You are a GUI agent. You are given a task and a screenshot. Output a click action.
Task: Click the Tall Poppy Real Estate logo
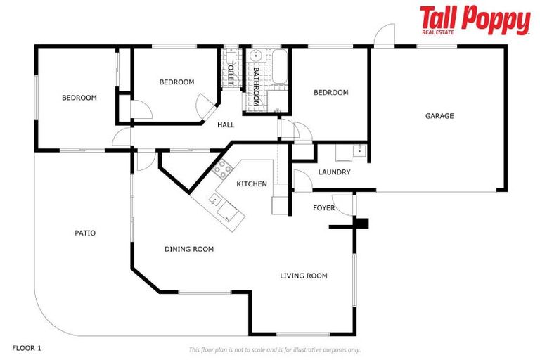coord(475,20)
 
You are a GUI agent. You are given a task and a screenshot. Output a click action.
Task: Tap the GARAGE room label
coord(439,116)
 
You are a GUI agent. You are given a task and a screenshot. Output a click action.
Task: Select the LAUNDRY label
coord(334,172)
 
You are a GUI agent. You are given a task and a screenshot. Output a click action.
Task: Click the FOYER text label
coord(324,208)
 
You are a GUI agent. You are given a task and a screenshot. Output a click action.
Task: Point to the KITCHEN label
coord(251,184)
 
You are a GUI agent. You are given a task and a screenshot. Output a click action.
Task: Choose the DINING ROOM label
coord(189,249)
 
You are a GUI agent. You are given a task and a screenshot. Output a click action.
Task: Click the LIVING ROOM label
coord(304,276)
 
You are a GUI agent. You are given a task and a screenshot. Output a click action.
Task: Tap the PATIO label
coord(85,233)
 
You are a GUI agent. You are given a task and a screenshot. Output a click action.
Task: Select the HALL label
coord(226,125)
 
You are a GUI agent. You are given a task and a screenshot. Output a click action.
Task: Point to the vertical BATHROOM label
coord(257,87)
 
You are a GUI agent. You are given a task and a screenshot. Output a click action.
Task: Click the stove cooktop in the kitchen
coord(223,168)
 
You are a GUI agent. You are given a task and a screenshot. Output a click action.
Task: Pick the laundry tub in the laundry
coord(358,150)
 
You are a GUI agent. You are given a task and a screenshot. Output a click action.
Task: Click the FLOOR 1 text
coord(27,348)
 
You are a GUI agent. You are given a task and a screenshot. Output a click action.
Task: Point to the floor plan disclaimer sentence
coord(274,349)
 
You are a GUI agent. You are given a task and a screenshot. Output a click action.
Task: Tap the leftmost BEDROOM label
coord(79,98)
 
